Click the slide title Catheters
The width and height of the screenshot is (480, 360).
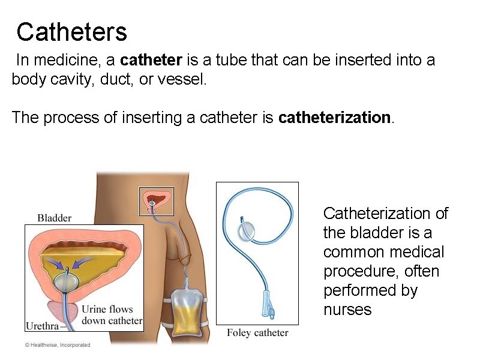tap(71, 32)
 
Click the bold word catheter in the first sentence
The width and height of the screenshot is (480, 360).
tap(151, 61)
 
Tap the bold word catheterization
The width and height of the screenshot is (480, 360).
tap(335, 118)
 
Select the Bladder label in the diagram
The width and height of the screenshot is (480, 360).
tap(55, 218)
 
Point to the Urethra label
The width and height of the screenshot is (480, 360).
tap(43, 326)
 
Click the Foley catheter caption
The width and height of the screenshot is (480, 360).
tap(257, 332)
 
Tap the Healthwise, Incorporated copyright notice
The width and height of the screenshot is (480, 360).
tap(58, 345)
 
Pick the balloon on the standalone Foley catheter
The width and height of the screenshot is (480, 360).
tap(247, 229)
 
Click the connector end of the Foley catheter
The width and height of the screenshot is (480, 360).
tap(266, 305)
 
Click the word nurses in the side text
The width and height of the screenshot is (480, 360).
tap(347, 310)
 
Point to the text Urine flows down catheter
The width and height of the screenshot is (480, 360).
tap(112, 315)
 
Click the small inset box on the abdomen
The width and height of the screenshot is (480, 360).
tap(156, 201)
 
